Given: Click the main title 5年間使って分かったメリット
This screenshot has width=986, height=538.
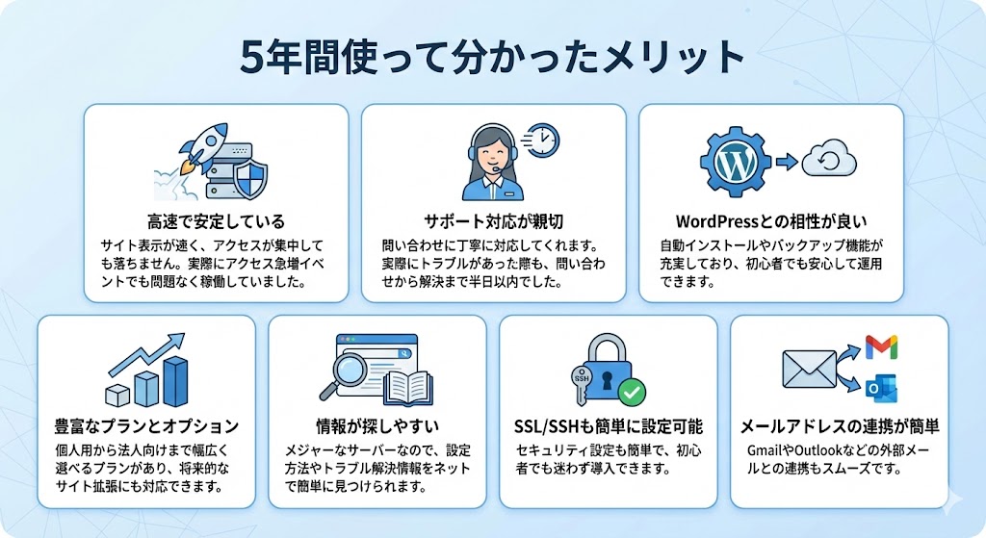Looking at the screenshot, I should click(492, 55).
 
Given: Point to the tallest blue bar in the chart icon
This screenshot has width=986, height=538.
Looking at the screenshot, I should click(174, 380).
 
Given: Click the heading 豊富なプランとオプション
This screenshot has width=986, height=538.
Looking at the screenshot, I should click(145, 425).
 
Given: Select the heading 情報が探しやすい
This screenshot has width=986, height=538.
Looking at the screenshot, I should click(376, 425).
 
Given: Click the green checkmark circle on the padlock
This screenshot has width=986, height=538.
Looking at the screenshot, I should click(632, 392).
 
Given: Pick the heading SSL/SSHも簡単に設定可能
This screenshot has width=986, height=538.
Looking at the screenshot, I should click(608, 425).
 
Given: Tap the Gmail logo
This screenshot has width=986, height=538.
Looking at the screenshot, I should click(881, 345).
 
